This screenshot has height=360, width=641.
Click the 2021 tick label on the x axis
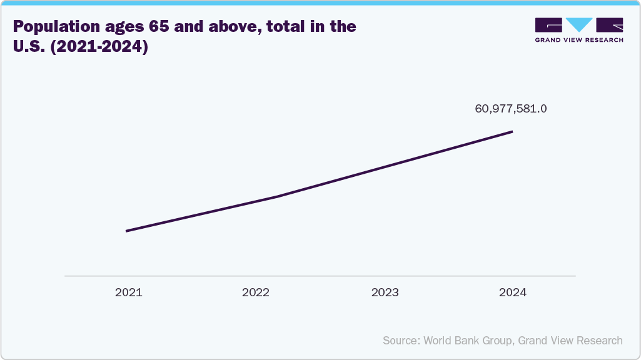(128, 292)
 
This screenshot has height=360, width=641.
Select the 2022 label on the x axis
(256, 292)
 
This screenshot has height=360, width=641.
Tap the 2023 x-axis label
(385, 292)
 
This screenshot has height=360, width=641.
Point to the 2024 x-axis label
(513, 292)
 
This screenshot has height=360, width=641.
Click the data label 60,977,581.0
(511, 109)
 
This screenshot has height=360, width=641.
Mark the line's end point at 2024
(512, 132)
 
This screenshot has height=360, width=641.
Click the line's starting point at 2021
(127, 231)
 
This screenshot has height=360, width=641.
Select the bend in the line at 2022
(275, 197)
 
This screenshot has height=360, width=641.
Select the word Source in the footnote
(401, 341)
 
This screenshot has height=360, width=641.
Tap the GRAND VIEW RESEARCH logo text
(579, 39)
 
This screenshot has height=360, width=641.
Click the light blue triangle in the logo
(580, 24)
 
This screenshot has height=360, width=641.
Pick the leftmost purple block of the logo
(549, 24)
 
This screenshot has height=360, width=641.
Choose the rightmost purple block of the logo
(610, 24)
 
